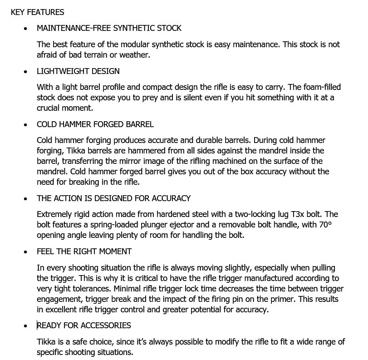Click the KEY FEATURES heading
[x=37, y=12]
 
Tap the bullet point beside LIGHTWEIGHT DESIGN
[x=25, y=72]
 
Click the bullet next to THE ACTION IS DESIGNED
[x=25, y=199]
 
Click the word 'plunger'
[x=147, y=225]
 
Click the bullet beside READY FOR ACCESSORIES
[x=25, y=326]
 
